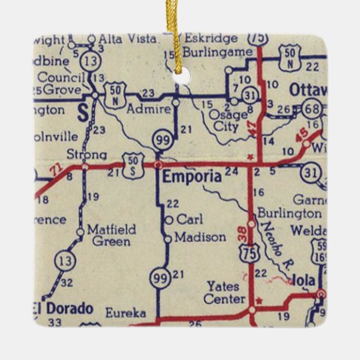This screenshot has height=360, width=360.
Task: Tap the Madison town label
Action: point(200,237)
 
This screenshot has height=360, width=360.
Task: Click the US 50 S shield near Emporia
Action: point(134,163)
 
